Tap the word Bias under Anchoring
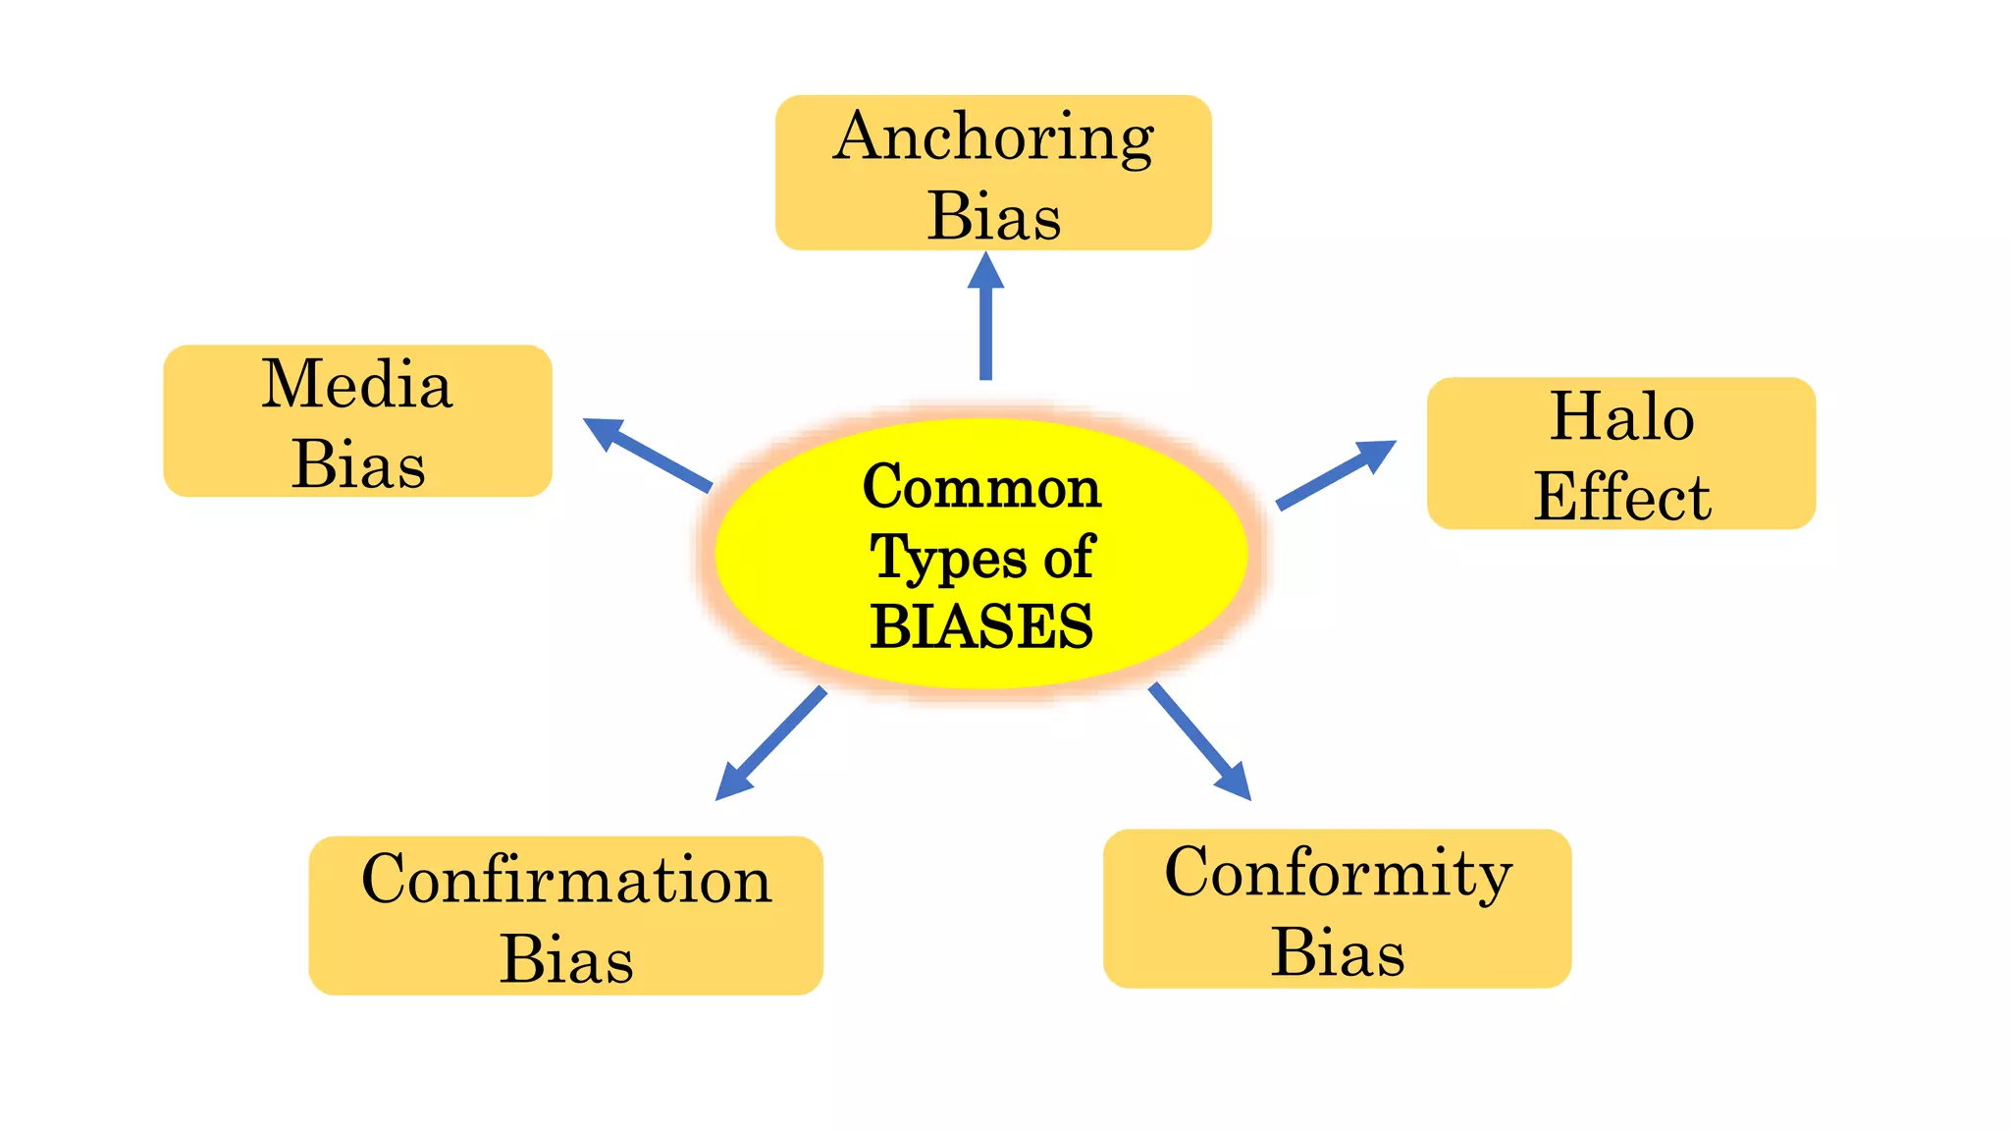click(993, 216)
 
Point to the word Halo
click(1621, 417)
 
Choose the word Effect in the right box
click(1621, 497)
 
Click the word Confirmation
click(566, 879)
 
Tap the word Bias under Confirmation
click(566, 958)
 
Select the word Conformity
click(1338, 872)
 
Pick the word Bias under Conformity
click(1338, 951)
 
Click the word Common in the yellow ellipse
click(981, 487)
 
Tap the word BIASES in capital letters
click(981, 626)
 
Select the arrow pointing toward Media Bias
click(648, 454)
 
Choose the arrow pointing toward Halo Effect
click(1335, 474)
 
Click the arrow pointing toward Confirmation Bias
click(770, 744)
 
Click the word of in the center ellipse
click(1068, 559)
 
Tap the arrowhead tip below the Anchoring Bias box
click(985, 256)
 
